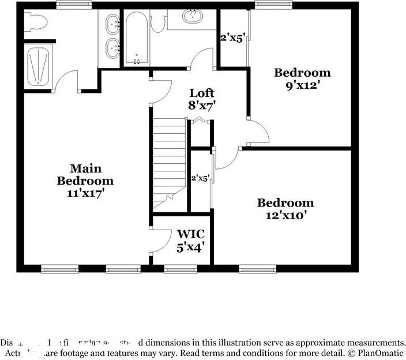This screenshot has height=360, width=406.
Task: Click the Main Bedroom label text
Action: click(85, 174)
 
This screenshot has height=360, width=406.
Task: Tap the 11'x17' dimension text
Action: click(85, 193)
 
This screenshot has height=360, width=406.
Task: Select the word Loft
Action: click(202, 93)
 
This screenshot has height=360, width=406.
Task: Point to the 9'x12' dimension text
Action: click(302, 85)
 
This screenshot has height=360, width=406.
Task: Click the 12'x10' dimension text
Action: click(285, 215)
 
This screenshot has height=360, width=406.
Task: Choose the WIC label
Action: click(190, 234)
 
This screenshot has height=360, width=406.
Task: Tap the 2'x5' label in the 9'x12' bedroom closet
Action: click(233, 38)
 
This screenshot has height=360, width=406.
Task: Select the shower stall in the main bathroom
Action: click(40, 66)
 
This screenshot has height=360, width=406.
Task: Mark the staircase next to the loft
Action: click(169, 162)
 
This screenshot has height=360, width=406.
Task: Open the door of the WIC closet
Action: click(162, 241)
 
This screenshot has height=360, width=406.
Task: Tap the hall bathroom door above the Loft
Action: click(203, 59)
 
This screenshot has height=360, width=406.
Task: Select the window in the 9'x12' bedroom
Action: click(272, 5)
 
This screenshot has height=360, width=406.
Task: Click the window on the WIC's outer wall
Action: click(180, 268)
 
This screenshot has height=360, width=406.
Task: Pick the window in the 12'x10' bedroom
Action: click(257, 268)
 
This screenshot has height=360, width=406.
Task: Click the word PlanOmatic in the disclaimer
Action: click(379, 352)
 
